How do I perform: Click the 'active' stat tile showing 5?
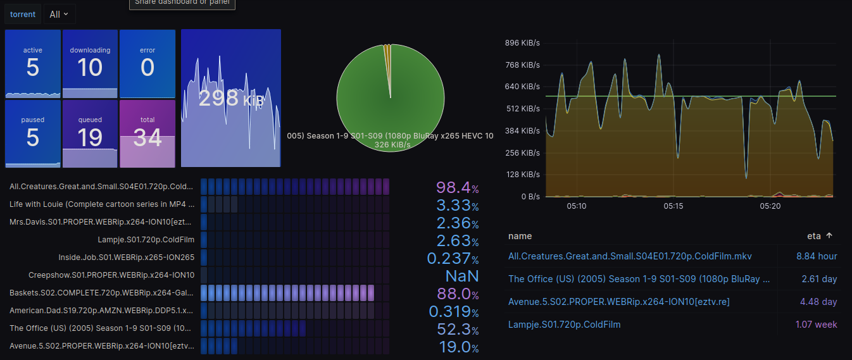tap(33, 63)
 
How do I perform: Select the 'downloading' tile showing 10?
tap(90, 63)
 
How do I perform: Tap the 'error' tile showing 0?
tap(147, 63)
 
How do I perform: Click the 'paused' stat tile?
tap(33, 133)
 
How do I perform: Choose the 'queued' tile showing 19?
tap(90, 133)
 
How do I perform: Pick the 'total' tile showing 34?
tap(147, 133)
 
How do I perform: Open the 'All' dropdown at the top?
tap(59, 14)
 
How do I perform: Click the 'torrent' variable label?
tap(23, 14)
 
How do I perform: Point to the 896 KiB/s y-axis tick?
tap(522, 43)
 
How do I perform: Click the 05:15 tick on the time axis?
tap(673, 206)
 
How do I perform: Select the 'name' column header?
tap(520, 236)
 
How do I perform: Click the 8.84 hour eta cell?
tap(817, 256)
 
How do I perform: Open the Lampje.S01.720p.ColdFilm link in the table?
tap(564, 325)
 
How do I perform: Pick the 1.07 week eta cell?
tap(816, 325)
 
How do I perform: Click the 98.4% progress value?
tap(457, 187)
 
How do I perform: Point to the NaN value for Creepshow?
tap(462, 276)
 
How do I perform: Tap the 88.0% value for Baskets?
tap(457, 294)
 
